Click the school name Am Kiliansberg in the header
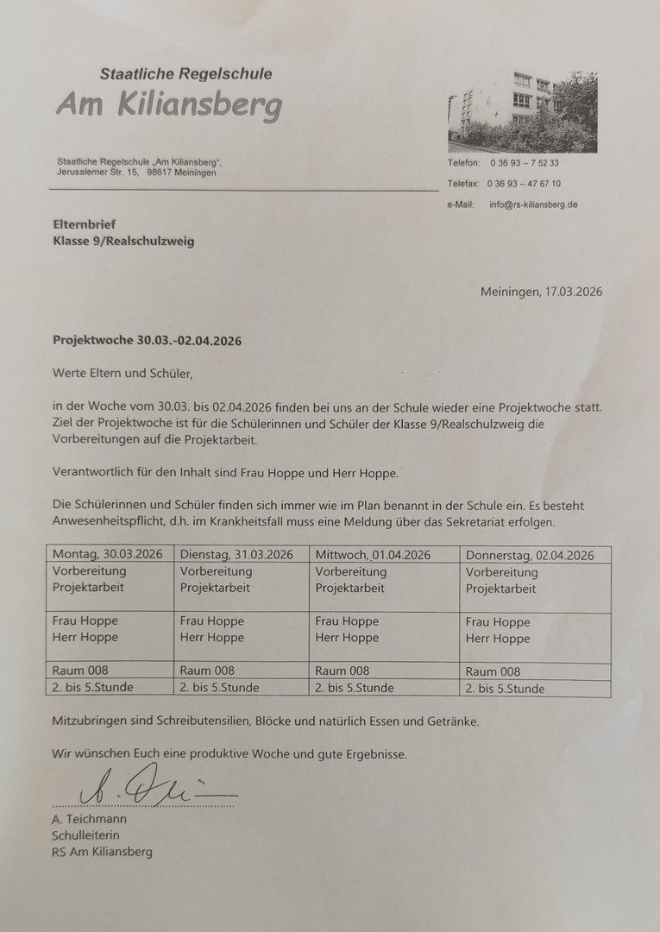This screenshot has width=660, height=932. [169, 107]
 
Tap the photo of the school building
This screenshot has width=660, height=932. [522, 112]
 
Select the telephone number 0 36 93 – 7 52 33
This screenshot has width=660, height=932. [524, 163]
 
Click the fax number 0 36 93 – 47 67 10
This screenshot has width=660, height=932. [524, 184]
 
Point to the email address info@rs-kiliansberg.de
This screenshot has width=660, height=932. [533, 205]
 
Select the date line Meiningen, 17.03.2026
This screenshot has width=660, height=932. [541, 292]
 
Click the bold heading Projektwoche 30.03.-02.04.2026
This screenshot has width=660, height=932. [147, 340]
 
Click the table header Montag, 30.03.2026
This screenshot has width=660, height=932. [107, 554]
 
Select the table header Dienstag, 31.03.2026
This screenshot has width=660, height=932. [236, 554]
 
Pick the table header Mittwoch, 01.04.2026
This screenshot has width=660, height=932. [373, 554]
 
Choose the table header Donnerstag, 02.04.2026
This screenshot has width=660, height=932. [530, 556]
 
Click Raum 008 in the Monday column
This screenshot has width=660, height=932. [80, 670]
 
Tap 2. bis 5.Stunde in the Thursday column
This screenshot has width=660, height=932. [505, 689]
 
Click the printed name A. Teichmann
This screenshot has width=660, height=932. [88, 818]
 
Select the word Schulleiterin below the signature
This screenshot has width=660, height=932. [85, 834]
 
